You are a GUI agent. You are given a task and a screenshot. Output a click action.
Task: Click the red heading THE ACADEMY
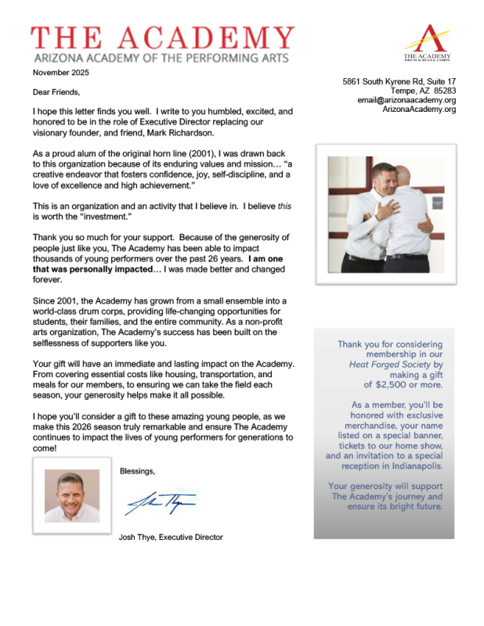163,37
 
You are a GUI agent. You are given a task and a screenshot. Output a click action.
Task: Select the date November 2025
61,73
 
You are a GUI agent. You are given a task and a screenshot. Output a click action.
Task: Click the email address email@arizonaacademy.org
406,100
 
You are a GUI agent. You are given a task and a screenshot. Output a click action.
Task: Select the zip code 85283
441,91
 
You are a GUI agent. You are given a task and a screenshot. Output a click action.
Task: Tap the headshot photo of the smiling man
72,495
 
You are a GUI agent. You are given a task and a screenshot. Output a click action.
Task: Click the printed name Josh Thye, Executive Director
171,537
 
